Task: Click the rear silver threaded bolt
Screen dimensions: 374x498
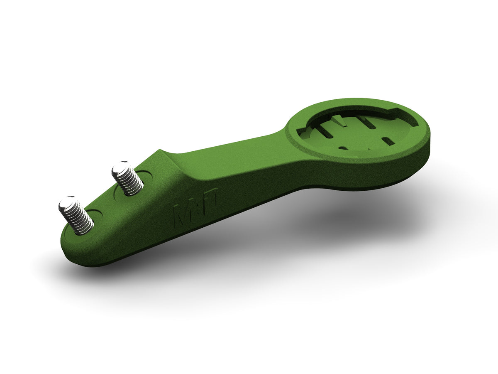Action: pos(128,179)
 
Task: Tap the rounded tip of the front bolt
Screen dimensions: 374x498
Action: pos(67,204)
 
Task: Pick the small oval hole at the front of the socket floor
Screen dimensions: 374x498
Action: pos(344,147)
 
